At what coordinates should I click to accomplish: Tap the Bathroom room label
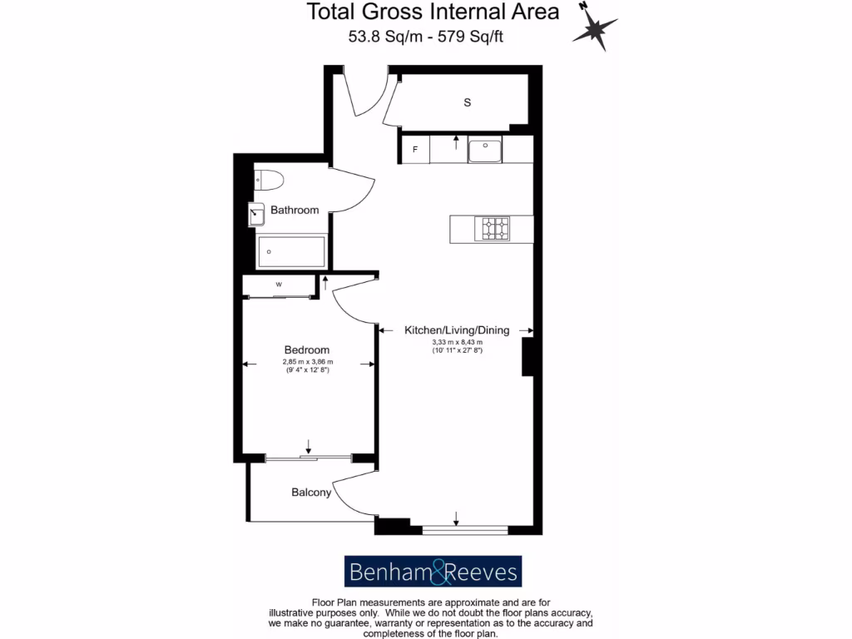pos(295,211)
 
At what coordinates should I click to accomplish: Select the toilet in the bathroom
pos(269,179)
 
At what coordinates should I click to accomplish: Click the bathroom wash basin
pos(256,215)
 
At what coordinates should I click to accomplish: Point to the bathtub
pos(290,250)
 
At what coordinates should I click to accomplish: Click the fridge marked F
pos(414,150)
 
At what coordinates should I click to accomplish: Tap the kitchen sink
pos(484,151)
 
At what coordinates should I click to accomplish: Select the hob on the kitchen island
pos(492,228)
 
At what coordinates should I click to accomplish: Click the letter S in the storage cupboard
pos(468,102)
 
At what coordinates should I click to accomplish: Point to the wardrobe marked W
pos(279,285)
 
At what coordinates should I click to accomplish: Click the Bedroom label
pos(306,350)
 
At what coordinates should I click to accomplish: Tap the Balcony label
pos(311,493)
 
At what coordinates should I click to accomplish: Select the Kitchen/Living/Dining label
pos(456,330)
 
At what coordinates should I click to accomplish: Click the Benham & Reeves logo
pos(433,572)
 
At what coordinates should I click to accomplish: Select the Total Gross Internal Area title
pos(433,12)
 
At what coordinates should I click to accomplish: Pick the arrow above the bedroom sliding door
pos(308,446)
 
